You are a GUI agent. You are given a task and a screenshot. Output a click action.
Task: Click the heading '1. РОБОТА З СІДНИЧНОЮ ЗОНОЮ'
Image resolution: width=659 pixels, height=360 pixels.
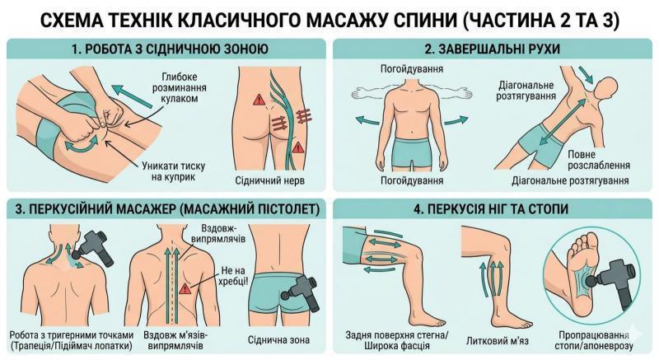coord(170,49)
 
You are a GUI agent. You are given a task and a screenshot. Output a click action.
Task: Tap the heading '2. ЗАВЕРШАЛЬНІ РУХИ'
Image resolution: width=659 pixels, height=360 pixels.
coord(492,49)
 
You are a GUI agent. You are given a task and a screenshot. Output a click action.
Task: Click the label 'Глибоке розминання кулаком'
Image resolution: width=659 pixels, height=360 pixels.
coord(180,88)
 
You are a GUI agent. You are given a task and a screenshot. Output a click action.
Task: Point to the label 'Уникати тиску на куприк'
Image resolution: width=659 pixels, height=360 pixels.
coord(173,171)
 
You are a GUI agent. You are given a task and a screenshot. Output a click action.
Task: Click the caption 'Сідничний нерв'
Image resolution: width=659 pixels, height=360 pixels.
coord(270,180)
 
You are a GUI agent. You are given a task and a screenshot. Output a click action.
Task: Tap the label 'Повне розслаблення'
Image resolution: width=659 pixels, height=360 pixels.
coord(599,160)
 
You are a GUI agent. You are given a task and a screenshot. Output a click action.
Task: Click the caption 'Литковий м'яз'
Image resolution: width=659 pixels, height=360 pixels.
coord(498,341)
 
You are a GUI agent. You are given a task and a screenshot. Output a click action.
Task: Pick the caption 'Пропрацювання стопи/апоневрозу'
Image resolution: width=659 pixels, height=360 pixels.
coord(593,341)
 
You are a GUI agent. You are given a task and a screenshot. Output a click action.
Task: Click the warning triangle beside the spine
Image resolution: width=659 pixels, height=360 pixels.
coord(185,288)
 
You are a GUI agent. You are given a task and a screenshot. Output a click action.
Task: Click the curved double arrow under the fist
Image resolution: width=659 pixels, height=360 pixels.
coord(81,146)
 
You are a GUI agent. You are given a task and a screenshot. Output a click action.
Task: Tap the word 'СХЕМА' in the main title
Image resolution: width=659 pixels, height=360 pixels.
coord(68,21)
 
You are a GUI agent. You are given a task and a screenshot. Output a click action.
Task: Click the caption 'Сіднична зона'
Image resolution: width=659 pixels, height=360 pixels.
coord(278,339)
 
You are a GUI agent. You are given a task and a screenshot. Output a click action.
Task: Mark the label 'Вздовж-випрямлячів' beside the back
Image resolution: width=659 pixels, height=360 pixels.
coord(218,234)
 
